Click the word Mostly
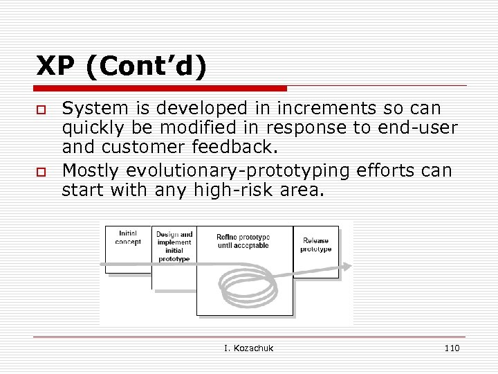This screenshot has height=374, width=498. pos(89,170)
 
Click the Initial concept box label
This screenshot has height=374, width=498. pos(128,238)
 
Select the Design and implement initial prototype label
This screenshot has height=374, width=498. pos(174,247)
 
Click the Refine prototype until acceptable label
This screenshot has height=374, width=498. pos(243,241)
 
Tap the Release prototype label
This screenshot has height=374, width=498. pos(315,244)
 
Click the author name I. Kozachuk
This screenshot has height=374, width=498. pos(248,348)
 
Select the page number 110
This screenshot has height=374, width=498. pos(452,348)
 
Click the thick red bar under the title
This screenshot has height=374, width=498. pos(161,89)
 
